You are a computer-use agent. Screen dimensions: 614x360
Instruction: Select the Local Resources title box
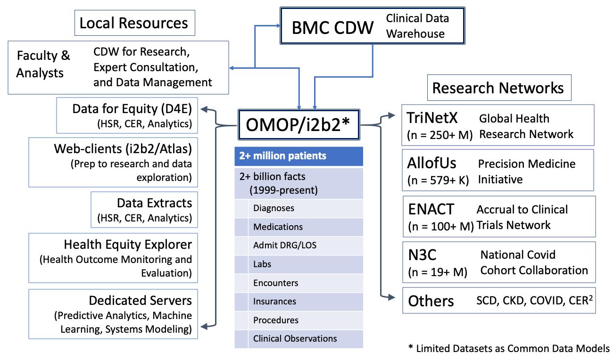pyautogui.click(x=133, y=23)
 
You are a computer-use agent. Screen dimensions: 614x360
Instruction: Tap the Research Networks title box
pyautogui.click(x=498, y=88)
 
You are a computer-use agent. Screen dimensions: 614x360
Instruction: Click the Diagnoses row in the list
pyautogui.click(x=274, y=208)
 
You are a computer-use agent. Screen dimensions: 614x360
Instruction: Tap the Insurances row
pyautogui.click(x=274, y=301)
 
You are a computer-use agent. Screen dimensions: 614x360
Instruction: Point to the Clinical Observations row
pyautogui.click(x=295, y=338)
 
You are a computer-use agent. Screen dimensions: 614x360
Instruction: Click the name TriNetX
pyautogui.click(x=433, y=118)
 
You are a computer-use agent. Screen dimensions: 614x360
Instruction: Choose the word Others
pyautogui.click(x=431, y=301)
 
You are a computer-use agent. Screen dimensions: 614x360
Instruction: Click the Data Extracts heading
pyautogui.click(x=154, y=203)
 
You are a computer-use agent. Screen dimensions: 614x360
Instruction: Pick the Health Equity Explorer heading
pyautogui.click(x=128, y=245)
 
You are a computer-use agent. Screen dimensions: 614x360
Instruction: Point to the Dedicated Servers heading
pyautogui.click(x=140, y=300)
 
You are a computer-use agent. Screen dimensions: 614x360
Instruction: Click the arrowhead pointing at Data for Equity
pyautogui.click(x=204, y=110)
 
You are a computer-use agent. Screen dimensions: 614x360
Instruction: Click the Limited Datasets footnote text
pyautogui.click(x=509, y=349)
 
